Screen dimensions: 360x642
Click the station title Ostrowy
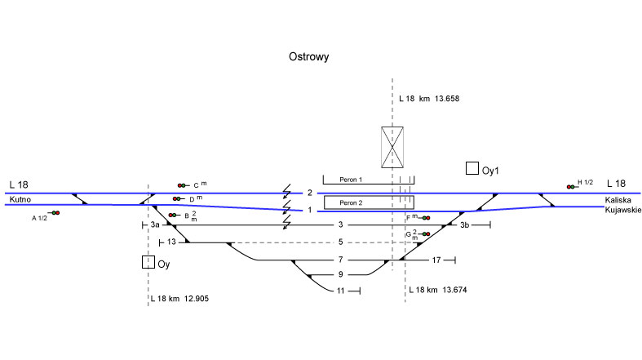308,57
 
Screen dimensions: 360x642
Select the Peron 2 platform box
368,202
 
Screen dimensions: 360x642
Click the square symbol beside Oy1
472,168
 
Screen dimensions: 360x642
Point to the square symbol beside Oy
148,262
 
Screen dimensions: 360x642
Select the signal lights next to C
182,185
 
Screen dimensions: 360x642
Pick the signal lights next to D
178,198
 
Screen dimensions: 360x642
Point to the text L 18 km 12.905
179,299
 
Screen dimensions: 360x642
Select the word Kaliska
618,200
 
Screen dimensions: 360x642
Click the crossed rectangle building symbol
393,147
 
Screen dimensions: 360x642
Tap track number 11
341,291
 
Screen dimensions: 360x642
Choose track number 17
436,260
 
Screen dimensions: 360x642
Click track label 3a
156,224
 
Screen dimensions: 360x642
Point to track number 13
171,242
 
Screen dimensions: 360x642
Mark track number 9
341,275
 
